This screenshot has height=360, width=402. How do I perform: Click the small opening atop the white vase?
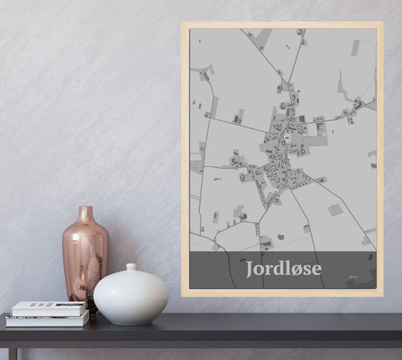[x=130, y=266]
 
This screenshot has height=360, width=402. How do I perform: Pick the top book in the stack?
[x=49, y=308]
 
